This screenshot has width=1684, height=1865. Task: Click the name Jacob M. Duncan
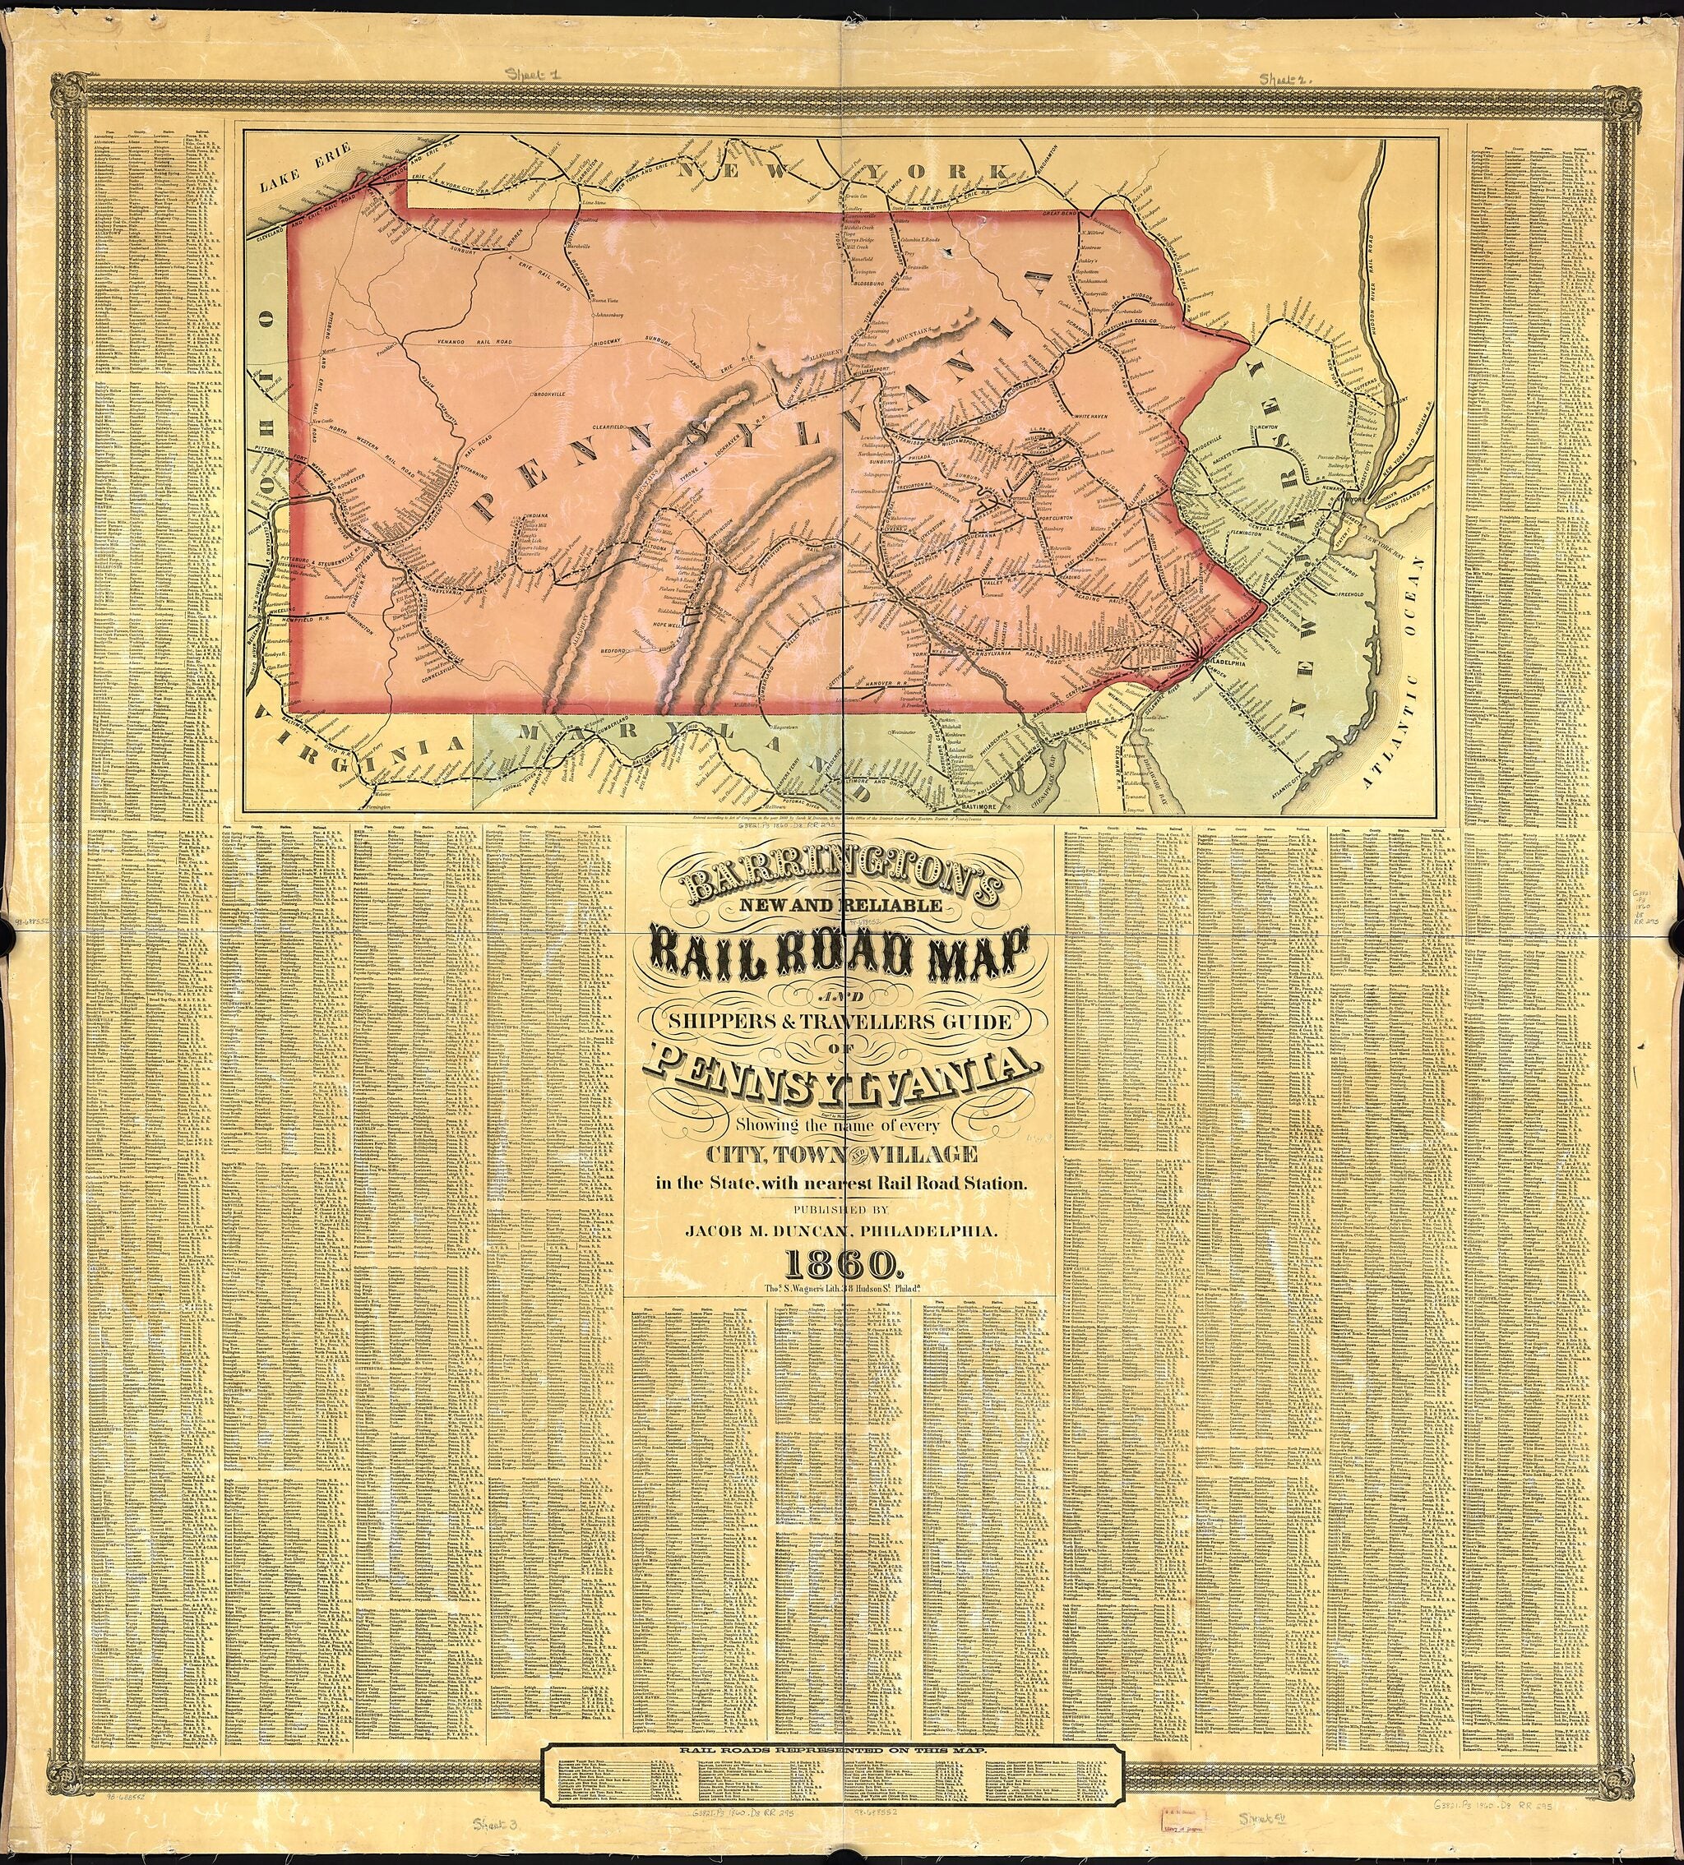point(841,1231)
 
